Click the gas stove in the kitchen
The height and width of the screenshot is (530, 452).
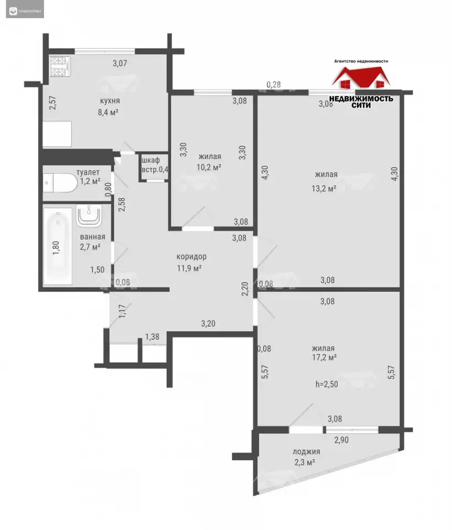(60, 66)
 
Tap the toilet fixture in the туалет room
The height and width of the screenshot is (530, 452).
(61, 183)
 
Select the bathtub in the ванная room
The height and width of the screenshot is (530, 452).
(58, 246)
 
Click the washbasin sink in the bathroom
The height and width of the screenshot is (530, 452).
(89, 215)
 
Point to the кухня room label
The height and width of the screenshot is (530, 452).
(110, 100)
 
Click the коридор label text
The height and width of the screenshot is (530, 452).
(191, 257)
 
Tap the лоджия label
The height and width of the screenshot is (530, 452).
(306, 452)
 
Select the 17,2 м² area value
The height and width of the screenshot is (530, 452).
(324, 357)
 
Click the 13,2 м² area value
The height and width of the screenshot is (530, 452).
(324, 188)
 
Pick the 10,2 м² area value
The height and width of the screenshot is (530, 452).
(209, 167)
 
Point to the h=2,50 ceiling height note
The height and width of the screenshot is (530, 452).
(327, 384)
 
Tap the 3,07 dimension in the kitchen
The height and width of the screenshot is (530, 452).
(120, 63)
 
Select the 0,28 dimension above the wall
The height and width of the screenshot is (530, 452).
(274, 84)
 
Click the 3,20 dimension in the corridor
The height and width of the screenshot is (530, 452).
(208, 324)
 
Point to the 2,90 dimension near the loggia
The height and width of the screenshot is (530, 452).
(341, 440)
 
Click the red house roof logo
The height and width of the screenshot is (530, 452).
(361, 77)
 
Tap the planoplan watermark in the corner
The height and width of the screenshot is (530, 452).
(25, 11)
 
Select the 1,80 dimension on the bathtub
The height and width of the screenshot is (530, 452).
(56, 247)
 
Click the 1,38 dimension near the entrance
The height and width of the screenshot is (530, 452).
(152, 337)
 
